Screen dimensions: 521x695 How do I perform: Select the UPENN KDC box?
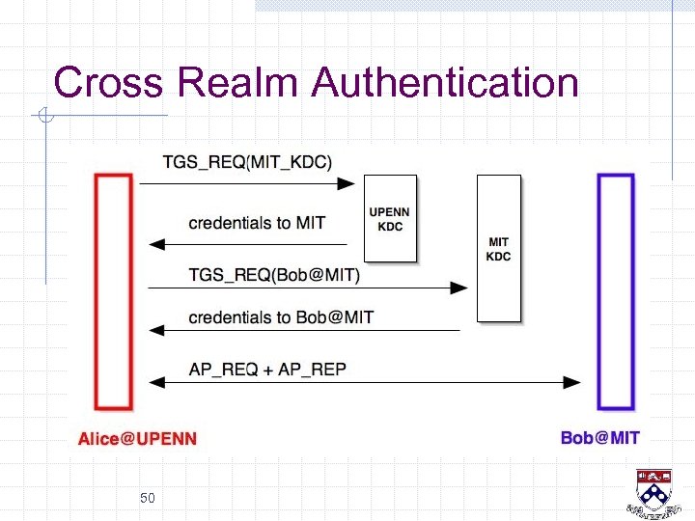(389, 218)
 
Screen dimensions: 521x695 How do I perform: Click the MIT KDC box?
(498, 248)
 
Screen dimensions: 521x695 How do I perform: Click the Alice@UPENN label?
(137, 439)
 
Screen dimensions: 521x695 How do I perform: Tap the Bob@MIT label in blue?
(599, 438)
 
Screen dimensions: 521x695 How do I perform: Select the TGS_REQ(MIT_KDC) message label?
(247, 162)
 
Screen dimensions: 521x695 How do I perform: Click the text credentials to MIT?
(257, 223)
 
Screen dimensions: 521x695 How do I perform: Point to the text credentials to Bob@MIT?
(281, 317)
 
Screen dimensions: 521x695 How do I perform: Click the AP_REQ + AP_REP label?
(267, 370)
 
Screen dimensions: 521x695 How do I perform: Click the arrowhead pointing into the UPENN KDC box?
(348, 183)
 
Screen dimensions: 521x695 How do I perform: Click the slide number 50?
(148, 498)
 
